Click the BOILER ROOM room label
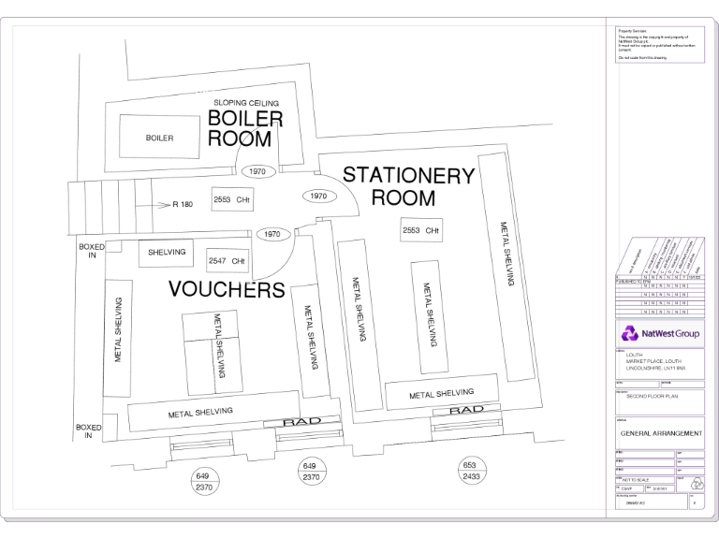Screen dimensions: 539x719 244,129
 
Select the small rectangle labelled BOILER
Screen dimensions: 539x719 159,138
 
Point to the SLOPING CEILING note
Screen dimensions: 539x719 246,102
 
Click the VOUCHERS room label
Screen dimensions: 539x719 227,289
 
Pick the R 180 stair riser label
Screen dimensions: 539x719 182,203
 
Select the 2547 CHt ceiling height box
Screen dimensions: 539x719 228,260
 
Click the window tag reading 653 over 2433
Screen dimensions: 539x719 470,471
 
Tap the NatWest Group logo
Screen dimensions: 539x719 658,333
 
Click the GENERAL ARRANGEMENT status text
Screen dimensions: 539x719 660,433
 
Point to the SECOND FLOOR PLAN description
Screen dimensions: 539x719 652,397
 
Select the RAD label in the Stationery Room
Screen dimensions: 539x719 465,410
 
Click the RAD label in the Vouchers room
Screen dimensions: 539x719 301,422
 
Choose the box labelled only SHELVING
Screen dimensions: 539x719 167,252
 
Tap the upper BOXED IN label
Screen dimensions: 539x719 91,251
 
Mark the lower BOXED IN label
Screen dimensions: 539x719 88,431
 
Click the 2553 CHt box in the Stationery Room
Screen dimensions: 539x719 420,230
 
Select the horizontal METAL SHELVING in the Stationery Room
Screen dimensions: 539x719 440,394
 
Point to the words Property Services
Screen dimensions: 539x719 633,31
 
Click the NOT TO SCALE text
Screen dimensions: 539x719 637,478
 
